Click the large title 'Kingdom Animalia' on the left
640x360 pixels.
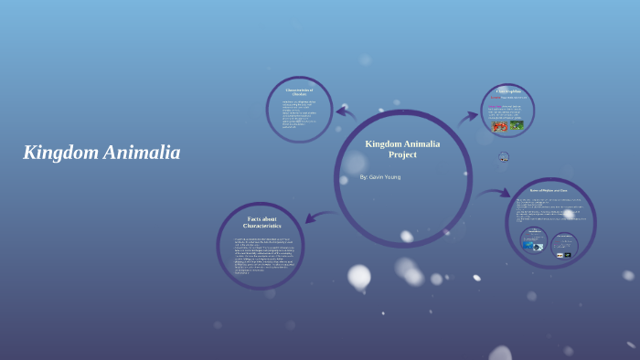101,153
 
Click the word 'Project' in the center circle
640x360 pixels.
402,154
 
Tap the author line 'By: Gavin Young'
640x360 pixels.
379,176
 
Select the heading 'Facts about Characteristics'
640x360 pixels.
261,222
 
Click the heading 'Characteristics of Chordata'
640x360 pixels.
299,91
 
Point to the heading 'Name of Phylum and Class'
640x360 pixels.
549,191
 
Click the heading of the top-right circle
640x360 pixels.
508,92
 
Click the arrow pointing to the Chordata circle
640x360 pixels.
346,112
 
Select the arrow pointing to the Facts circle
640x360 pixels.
318,217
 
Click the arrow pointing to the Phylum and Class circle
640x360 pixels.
496,193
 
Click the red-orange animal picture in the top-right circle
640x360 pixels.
499,125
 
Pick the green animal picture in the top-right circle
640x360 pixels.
517,125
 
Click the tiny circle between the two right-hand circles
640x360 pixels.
504,157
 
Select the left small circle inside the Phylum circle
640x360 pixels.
534,240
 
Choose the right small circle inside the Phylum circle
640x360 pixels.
565,244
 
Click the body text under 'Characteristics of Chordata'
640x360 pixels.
298,114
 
